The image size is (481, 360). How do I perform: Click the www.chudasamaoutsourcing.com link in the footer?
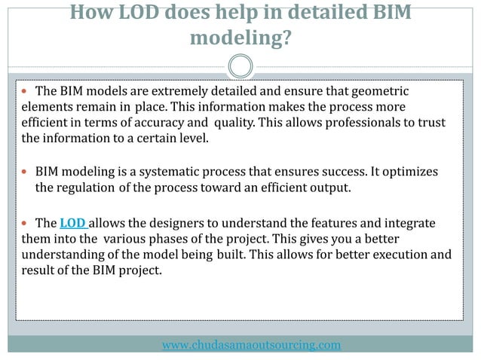pos(252,345)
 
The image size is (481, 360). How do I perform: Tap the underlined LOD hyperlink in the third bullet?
pos(72,223)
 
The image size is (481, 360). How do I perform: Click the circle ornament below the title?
pos(240,66)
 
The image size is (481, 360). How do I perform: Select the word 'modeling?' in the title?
pos(240,38)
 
